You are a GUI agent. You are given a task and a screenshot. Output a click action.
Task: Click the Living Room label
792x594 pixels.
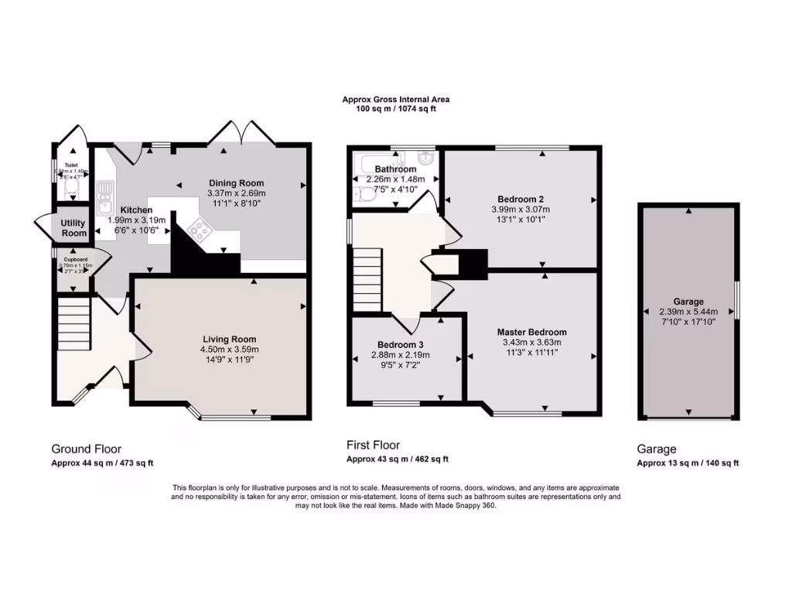(229, 339)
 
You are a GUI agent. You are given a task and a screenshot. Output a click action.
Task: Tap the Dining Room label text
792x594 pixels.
(236, 183)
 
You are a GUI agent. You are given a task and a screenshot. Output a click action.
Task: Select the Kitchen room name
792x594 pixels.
(135, 210)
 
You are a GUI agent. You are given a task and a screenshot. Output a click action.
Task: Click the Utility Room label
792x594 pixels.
(74, 228)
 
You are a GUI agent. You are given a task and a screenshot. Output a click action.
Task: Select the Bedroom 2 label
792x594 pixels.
(520, 198)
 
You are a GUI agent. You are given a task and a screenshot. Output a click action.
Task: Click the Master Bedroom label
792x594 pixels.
(531, 332)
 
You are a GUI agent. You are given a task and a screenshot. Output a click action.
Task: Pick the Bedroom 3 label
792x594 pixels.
(401, 344)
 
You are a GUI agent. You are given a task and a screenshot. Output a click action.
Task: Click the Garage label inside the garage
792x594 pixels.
(688, 302)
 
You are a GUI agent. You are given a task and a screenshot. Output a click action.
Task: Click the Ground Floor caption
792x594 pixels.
(86, 449)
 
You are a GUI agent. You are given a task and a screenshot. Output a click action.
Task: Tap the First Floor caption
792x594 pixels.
(374, 445)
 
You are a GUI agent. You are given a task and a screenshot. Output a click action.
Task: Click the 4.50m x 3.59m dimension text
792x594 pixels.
(229, 349)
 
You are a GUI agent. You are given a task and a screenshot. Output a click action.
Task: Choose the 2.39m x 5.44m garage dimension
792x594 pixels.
(688, 312)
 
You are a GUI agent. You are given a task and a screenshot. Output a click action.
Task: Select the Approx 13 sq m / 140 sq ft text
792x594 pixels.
(688, 463)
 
